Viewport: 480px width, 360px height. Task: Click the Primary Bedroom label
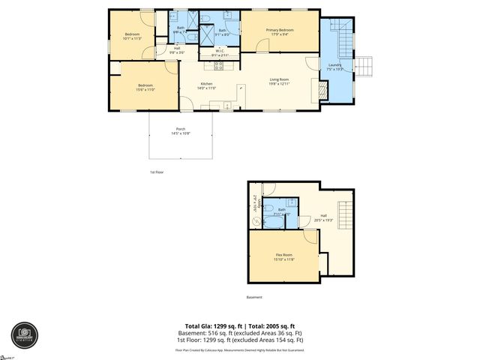coord(279,29)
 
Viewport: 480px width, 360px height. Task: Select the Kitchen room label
coord(206,84)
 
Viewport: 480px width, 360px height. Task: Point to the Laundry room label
coord(334,65)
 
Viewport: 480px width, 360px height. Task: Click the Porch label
coord(181,128)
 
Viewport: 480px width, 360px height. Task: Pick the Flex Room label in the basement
coord(283,256)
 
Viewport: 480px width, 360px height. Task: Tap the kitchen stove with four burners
coord(208,65)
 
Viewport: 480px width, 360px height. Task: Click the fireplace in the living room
coord(323,91)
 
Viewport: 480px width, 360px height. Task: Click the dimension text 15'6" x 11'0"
coord(145,89)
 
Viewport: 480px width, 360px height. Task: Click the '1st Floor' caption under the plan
coord(156,172)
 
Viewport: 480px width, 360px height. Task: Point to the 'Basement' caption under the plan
coord(255,297)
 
